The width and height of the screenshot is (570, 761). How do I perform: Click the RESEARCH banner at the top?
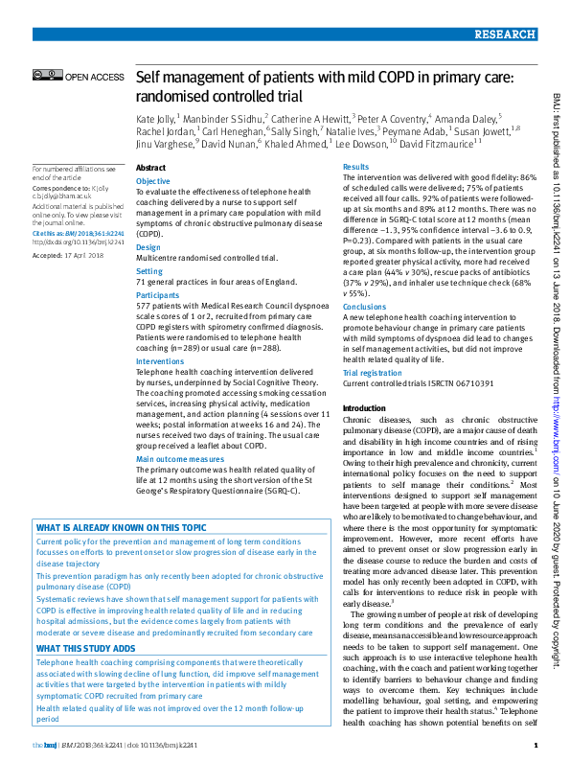tap(504, 35)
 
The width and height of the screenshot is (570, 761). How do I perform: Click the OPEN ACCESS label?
tap(95, 77)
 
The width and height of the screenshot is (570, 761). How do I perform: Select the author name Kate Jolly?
tap(155, 117)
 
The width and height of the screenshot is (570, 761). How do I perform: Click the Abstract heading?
tap(151, 168)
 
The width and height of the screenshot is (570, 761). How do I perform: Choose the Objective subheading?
tap(153, 181)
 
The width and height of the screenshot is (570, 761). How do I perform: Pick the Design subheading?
tap(148, 247)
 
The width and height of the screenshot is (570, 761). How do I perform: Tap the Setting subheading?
tap(149, 271)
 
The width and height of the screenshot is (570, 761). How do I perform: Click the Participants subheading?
tap(157, 296)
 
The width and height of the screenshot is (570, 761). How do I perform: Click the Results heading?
tap(355, 168)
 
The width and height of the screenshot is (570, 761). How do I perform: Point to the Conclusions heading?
tap(364, 308)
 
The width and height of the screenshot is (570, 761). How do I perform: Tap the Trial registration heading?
tap(372, 371)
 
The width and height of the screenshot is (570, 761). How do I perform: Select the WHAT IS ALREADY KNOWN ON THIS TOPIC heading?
tap(121, 527)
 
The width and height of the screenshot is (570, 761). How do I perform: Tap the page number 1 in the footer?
tap(534, 745)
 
